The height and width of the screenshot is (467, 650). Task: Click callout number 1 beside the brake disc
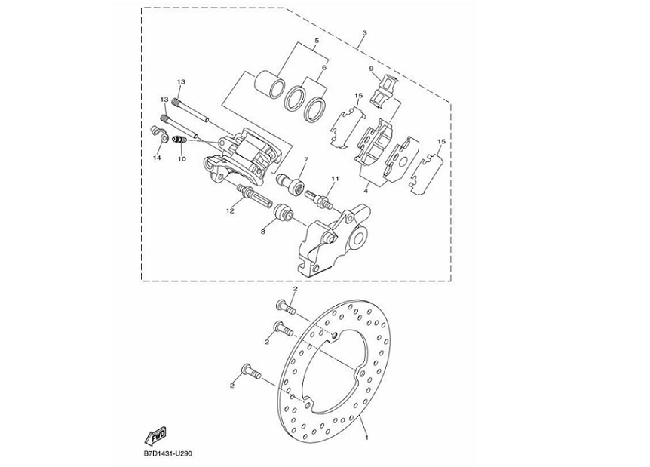(367, 437)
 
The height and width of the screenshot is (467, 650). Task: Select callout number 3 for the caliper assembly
(364, 33)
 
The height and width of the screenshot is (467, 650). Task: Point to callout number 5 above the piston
(317, 39)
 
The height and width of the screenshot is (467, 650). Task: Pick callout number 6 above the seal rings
(325, 67)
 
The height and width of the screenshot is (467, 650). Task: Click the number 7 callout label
(306, 160)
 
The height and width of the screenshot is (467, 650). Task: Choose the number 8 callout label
(263, 232)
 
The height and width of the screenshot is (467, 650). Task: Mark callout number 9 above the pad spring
(371, 69)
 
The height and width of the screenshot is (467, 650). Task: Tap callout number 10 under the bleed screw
(181, 159)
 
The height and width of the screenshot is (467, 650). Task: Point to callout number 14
(157, 158)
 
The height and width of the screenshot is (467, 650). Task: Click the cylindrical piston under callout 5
(269, 82)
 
